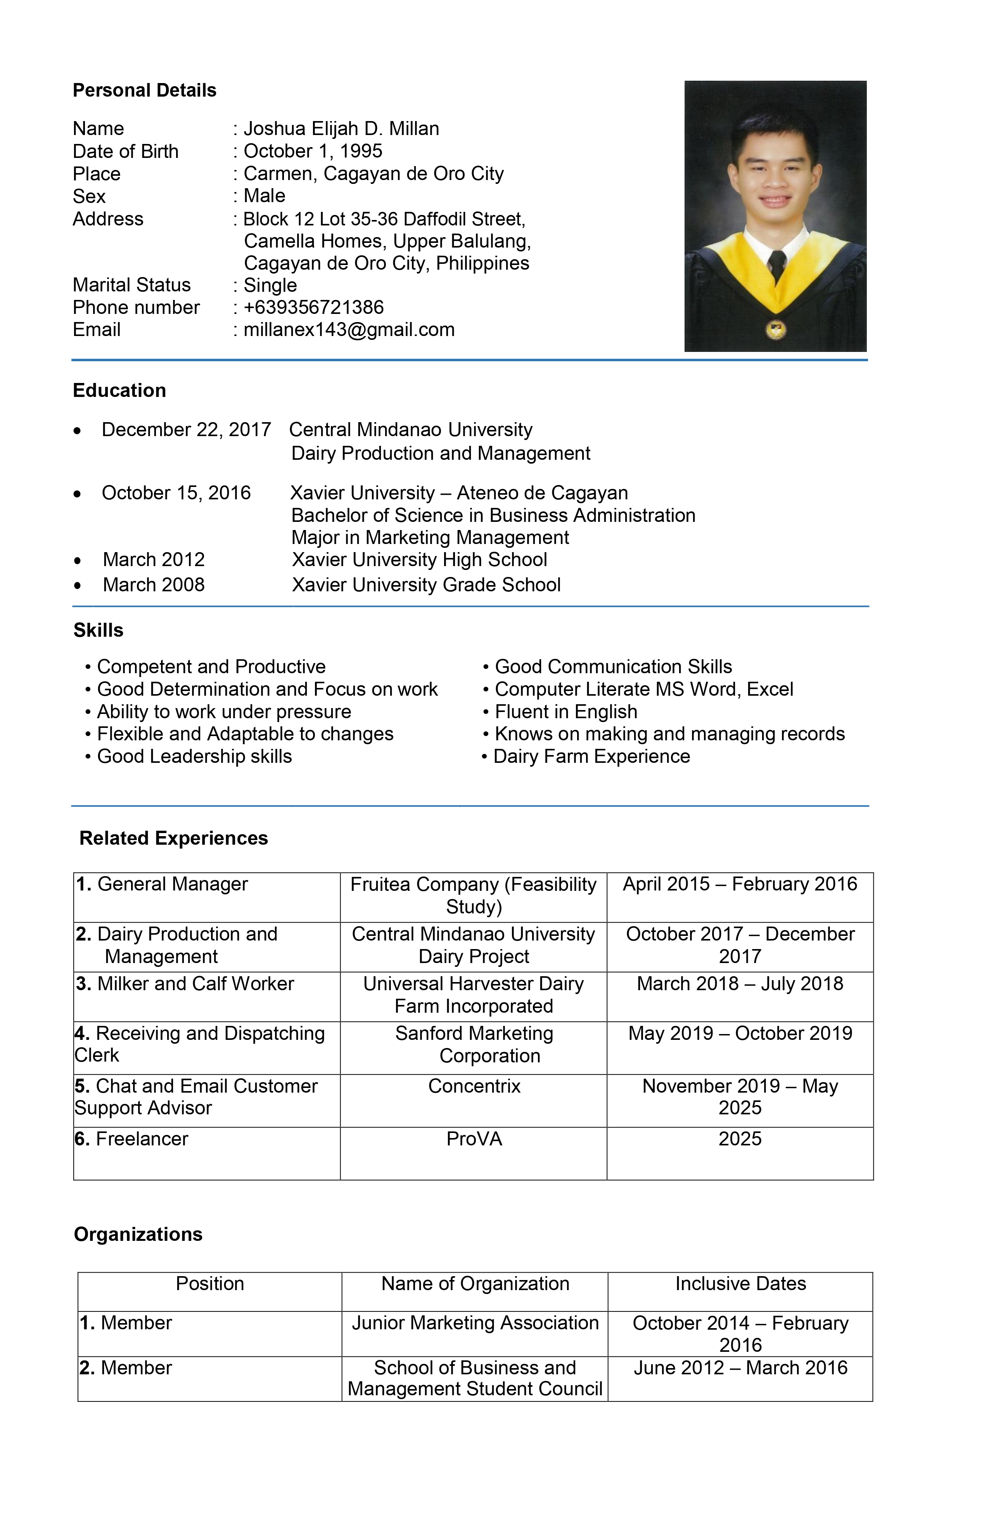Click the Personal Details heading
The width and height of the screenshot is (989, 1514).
(x=144, y=90)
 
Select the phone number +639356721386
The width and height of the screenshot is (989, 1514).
(x=313, y=307)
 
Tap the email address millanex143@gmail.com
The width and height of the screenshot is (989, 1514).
(x=349, y=329)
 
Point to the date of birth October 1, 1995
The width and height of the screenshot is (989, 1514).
(x=313, y=151)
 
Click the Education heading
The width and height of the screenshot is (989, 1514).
(x=119, y=390)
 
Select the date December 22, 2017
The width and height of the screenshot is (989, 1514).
(x=186, y=430)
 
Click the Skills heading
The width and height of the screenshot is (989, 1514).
(x=99, y=630)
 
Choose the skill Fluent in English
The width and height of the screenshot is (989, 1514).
(x=565, y=711)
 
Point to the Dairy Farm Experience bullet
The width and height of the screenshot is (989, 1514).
(x=591, y=756)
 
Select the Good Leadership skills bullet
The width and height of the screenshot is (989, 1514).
(x=194, y=756)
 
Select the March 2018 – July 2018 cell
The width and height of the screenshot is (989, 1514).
(x=740, y=984)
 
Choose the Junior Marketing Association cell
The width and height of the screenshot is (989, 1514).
(x=475, y=1323)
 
